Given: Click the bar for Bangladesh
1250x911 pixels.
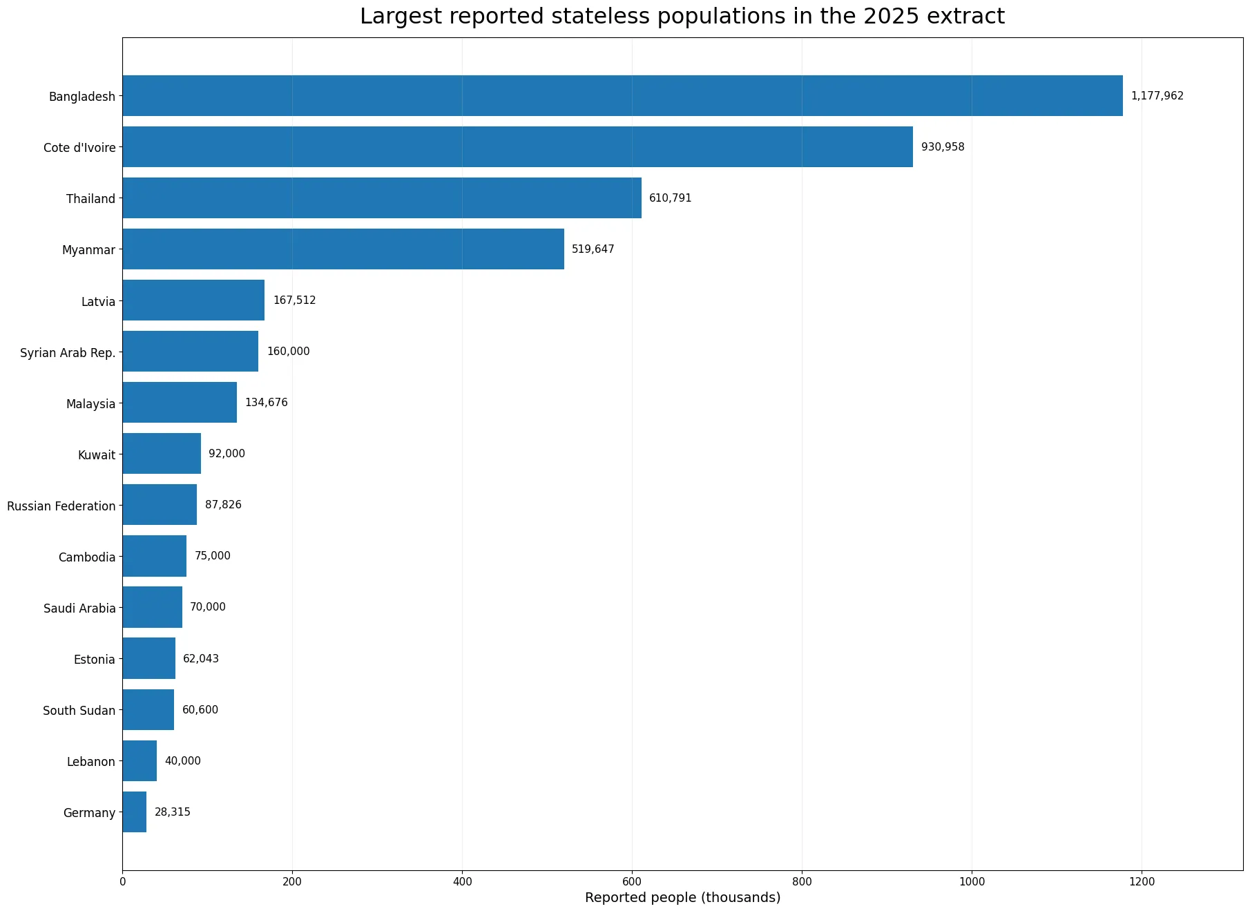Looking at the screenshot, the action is tap(623, 96).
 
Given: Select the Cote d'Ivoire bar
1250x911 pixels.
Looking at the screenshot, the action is tap(518, 147).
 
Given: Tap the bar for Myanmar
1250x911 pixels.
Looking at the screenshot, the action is tap(343, 249).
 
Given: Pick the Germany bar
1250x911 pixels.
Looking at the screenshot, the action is tap(135, 812).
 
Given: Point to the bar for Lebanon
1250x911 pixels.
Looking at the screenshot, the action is tap(140, 761).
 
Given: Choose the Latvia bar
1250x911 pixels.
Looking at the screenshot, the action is tap(193, 300).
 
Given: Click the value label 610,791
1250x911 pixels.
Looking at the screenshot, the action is tap(670, 198).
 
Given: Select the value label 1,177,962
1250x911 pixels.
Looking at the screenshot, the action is tap(1157, 96).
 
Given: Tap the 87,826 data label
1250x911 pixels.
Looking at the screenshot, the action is tap(223, 505).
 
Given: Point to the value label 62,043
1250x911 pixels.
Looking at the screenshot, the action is tap(201, 659).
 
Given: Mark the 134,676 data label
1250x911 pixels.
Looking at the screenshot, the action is tap(267, 403).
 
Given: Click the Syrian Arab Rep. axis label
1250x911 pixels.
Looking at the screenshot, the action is tap(68, 353).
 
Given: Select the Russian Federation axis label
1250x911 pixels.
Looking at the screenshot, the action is tap(61, 506).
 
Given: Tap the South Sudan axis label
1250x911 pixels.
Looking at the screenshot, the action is tap(79, 711).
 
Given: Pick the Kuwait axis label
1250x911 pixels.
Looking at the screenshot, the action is tap(97, 455).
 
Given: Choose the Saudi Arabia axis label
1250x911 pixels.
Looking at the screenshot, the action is tap(79, 608).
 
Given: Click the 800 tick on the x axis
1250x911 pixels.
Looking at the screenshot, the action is tap(802, 881).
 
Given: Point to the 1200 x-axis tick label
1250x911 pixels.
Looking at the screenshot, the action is tap(1142, 881).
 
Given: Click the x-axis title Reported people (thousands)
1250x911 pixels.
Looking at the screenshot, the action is tap(682, 898).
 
